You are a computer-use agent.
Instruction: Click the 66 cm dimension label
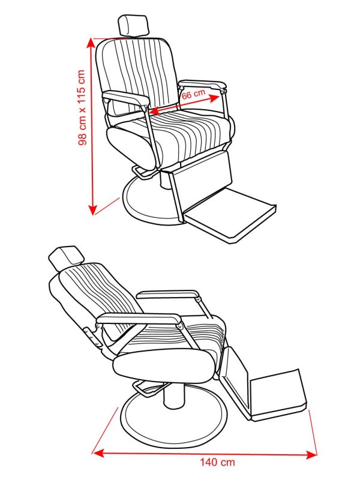pyautogui.click(x=193, y=94)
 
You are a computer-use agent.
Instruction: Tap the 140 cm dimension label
pyautogui.click(x=217, y=470)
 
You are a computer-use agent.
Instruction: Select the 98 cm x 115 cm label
pyautogui.click(x=82, y=108)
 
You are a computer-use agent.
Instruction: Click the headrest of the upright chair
pyautogui.click(x=133, y=26)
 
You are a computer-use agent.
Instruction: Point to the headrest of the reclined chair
pyautogui.click(x=66, y=258)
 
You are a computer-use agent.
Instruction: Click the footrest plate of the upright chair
pyautogui.click(x=230, y=216)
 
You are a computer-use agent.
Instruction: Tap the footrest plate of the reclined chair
pyautogui.click(x=278, y=395)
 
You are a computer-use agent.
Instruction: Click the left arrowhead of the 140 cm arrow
pyautogui.click(x=98, y=452)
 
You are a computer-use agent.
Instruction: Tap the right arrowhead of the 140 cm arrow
pyautogui.click(x=311, y=455)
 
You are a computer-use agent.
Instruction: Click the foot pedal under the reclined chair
pyautogui.click(x=146, y=388)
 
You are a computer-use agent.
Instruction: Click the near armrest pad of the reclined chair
pyautogui.click(x=139, y=319)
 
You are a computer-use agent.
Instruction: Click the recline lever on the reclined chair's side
pyautogui.click(x=92, y=337)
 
